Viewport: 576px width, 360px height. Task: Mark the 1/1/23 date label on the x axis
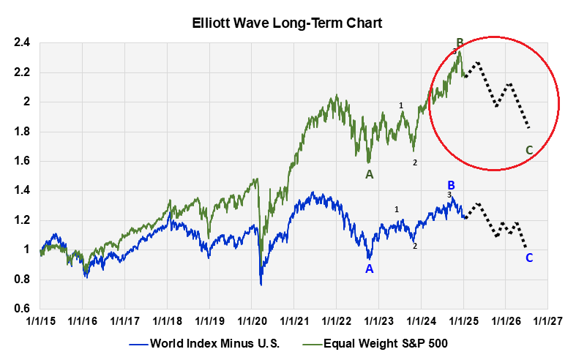(x=378, y=320)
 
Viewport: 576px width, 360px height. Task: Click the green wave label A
(x=370, y=174)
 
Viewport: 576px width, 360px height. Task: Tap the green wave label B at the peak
(x=460, y=42)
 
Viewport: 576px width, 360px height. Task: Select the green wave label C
(x=529, y=151)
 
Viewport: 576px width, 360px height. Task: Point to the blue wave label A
(x=370, y=269)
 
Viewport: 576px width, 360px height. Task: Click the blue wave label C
(x=529, y=258)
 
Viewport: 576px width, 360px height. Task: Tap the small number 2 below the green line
(x=415, y=162)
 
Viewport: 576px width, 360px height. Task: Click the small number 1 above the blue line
(x=397, y=210)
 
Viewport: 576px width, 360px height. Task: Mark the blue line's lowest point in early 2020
(x=261, y=284)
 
